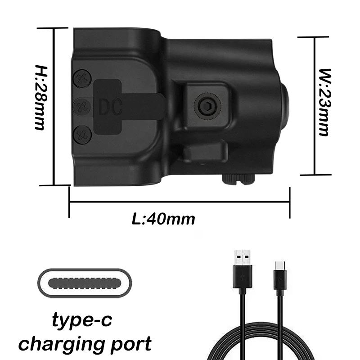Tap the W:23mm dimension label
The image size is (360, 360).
coord(323,102)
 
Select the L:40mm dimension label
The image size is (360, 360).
coord(163,219)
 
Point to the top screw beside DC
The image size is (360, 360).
coord(82,79)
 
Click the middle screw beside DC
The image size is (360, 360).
coord(82,106)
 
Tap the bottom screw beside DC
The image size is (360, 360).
coord(82,134)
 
